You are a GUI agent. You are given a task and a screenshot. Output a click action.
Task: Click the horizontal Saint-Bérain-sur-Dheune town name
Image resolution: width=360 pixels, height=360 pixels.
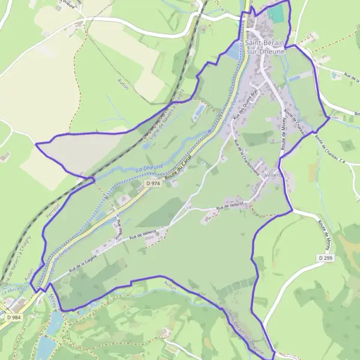pos(265,47)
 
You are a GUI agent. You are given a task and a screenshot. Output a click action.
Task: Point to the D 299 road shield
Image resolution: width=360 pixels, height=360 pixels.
pos(325,257)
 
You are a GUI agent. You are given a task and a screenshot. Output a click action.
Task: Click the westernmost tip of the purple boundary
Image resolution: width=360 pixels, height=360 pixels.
pos(36,145)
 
